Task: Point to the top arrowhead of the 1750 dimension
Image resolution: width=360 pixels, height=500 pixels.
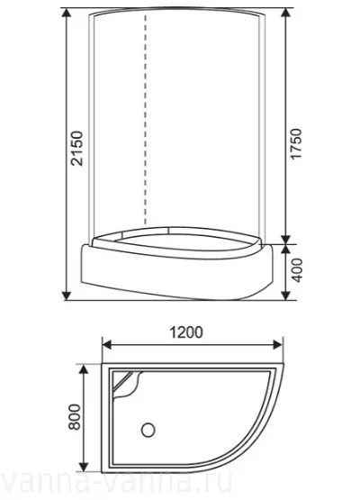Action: point(287,16)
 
